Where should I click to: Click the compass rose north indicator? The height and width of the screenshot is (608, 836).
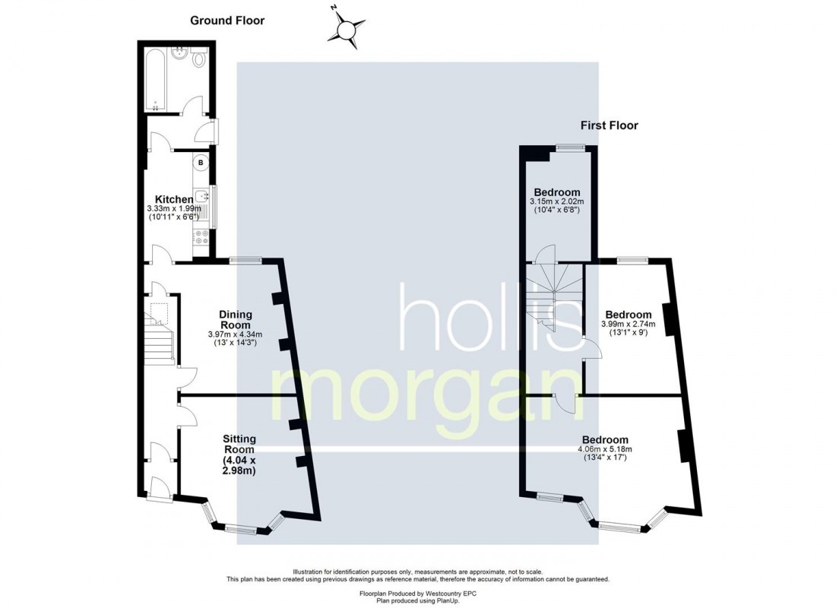coord(346,30)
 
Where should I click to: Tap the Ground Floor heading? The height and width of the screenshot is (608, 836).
coord(226,21)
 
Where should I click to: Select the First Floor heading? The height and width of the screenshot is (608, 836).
coord(609,125)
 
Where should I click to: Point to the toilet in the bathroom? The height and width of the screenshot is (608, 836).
coord(200,59)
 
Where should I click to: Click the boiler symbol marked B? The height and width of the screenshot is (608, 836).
coord(201,162)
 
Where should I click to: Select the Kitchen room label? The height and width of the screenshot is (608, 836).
coord(174,199)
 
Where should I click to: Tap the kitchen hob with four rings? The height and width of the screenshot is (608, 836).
coord(201,236)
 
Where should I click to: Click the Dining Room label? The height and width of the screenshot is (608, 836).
coord(235,319)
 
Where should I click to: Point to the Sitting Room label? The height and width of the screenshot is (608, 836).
coord(239,444)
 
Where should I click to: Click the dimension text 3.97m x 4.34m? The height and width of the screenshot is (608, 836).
coord(235,334)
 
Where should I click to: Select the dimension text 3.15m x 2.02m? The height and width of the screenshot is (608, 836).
coord(556,201)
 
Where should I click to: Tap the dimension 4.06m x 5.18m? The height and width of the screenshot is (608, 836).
coord(604,448)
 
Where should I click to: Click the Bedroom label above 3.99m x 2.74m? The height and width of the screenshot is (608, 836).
coord(628,315)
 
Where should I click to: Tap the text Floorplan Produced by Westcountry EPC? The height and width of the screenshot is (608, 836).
coord(417,592)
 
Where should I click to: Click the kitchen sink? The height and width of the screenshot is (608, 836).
coord(203,196)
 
